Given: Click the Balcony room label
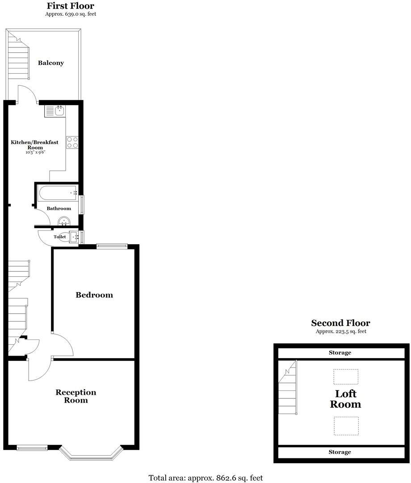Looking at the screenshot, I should click(50, 63).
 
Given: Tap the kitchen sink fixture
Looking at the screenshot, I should click(55, 110).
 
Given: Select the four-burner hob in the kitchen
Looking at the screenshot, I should click(72, 142).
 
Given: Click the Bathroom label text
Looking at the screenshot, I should click(59, 208).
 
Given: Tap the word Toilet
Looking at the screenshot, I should click(60, 237).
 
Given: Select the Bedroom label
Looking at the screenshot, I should click(94, 295).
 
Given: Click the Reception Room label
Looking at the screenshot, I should click(75, 396).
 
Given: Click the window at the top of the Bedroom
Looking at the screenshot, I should click(112, 245).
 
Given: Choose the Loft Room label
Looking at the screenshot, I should click(345, 399).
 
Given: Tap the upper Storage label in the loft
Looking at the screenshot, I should click(340, 353).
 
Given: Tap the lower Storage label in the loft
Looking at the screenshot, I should click(340, 452).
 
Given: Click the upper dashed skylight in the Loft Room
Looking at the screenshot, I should click(346, 377).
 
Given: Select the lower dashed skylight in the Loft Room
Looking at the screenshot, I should click(346, 425).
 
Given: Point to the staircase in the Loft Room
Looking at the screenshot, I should click(288, 388).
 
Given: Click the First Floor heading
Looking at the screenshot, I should click(71, 6).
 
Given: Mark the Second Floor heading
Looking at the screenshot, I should click(340, 323).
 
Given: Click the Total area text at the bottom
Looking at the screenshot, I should click(205, 478).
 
